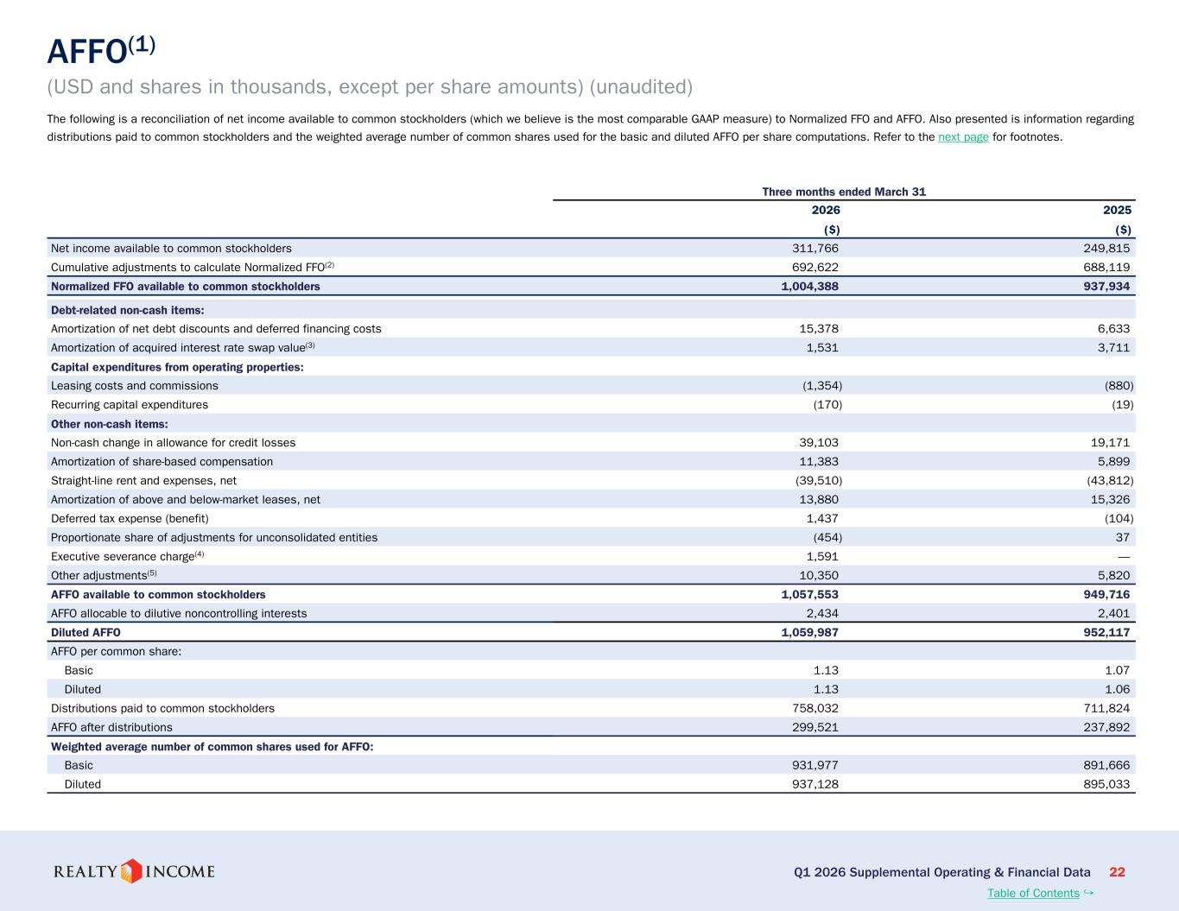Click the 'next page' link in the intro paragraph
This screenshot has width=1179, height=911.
(963, 137)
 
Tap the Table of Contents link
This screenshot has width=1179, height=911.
(1033, 893)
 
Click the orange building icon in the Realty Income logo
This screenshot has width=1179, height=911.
(131, 871)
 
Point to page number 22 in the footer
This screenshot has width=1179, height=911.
(1117, 872)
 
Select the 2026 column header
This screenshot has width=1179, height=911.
(825, 211)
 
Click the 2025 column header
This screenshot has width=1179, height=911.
(1117, 211)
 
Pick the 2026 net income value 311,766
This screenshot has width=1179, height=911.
(815, 249)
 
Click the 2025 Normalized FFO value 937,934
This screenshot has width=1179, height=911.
(1106, 287)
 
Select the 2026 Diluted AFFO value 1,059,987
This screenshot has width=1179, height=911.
(809, 632)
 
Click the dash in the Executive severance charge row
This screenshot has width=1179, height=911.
(1124, 557)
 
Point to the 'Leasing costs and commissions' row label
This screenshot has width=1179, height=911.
(135, 385)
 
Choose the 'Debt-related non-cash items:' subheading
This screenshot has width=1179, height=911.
(128, 310)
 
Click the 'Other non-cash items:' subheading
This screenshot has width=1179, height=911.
(110, 424)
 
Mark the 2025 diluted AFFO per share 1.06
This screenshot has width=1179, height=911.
(1117, 689)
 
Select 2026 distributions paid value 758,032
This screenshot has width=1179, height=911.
(815, 708)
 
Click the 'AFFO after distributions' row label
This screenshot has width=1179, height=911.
(111, 727)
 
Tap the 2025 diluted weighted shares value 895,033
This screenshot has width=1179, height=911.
(1106, 784)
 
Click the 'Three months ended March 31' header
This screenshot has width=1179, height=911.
(844, 192)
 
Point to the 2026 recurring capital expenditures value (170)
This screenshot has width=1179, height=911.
(827, 405)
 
